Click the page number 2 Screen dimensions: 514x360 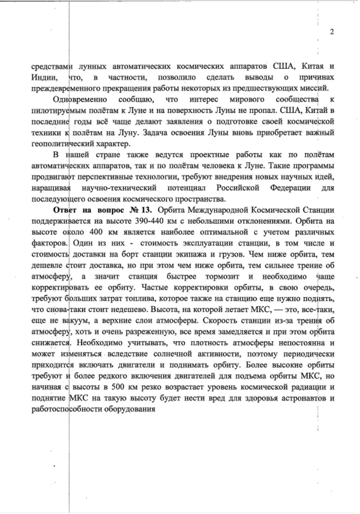point(332,32)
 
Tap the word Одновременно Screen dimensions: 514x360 point(80,100)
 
